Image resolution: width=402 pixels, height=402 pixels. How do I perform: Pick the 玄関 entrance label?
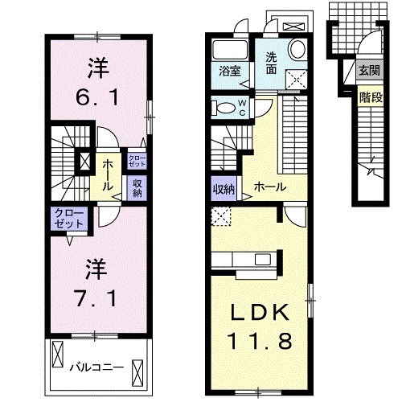coord(370,70)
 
